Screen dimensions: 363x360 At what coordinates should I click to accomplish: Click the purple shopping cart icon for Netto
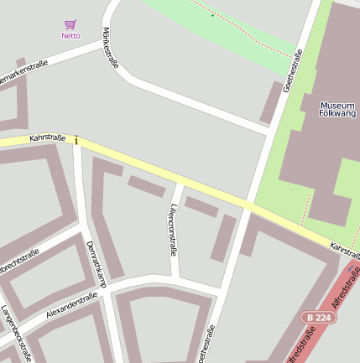pyautogui.click(x=70, y=24)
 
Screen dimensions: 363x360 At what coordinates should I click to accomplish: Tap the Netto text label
pyautogui.click(x=70, y=36)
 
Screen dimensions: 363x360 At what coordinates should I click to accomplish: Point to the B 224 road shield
pyautogui.click(x=318, y=317)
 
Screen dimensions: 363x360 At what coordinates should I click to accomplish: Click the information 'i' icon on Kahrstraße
pyautogui.click(x=76, y=140)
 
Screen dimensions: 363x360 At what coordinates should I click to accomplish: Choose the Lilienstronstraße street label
pyautogui.click(x=173, y=227)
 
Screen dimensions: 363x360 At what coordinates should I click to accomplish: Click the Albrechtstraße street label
pyautogui.click(x=18, y=259)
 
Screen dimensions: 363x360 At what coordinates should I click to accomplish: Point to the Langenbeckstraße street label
pyautogui.click(x=17, y=334)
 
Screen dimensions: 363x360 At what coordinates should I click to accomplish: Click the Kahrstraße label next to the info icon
pyautogui.click(x=47, y=137)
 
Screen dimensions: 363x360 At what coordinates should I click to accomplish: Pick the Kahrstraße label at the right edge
pyautogui.click(x=345, y=250)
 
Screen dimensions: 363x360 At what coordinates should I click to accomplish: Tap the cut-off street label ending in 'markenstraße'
pyautogui.click(x=22, y=76)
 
